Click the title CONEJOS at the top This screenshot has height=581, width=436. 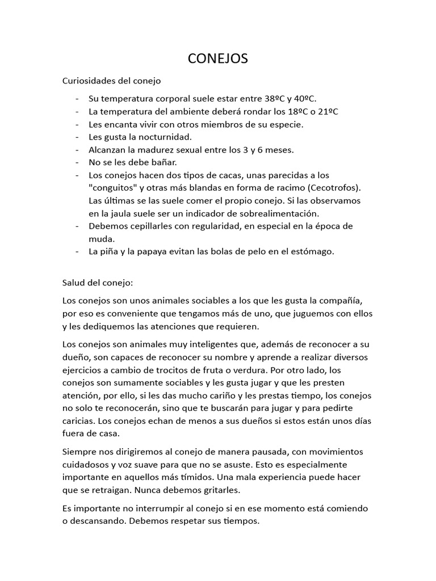218,58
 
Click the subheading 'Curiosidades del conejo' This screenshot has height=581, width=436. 111,81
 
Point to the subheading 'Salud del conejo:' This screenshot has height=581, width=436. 97,282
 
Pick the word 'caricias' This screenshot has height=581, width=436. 78,421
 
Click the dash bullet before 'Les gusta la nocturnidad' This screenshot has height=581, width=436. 77,137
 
